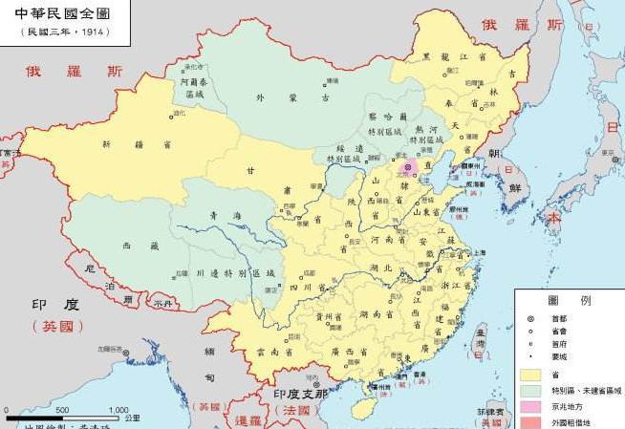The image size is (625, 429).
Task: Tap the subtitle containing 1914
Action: (x=65, y=32)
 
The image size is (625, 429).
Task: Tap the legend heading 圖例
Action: (x=569, y=299)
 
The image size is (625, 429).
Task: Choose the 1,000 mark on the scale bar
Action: (x=118, y=409)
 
